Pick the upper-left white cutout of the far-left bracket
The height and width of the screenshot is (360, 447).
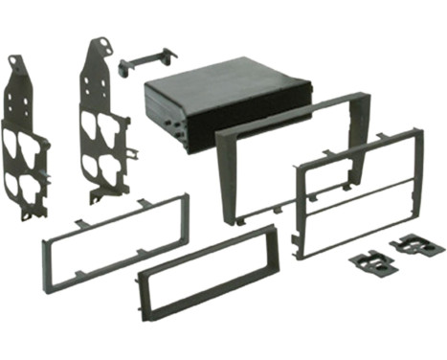point(11,140)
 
